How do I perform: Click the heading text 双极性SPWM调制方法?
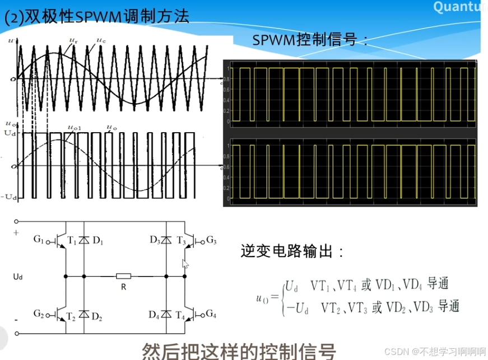95,16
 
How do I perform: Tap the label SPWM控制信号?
310,40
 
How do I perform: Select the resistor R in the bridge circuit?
123,276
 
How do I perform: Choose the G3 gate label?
211,240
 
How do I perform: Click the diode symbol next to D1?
84,241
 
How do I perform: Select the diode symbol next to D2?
84,314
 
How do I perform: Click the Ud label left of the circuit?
18,277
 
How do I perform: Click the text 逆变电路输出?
292,251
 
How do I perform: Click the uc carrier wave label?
100,40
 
